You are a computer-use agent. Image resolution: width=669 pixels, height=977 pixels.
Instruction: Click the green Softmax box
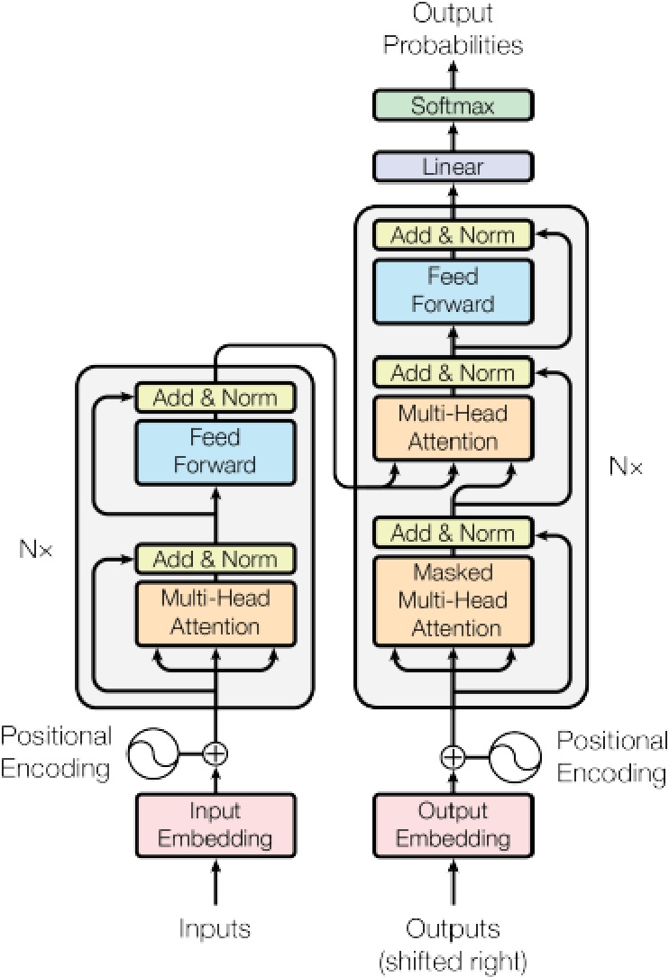[x=453, y=105]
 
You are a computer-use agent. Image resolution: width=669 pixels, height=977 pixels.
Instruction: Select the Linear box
[x=453, y=167]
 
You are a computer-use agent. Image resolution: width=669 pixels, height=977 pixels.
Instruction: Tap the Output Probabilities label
[x=453, y=29]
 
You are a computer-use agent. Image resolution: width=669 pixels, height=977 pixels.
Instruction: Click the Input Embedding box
[x=215, y=826]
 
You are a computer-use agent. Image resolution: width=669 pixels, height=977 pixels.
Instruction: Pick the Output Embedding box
[x=453, y=826]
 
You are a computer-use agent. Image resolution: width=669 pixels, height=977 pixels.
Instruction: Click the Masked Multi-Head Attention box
[x=453, y=600]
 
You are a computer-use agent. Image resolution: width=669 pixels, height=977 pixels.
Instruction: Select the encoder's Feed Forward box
[x=215, y=451]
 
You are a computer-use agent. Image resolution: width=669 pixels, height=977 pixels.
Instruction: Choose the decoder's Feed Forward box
[x=453, y=289]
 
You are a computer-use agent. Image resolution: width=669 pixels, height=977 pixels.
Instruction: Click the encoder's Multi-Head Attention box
[x=215, y=611]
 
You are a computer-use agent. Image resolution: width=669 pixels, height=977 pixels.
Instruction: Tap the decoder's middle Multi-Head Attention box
[x=453, y=428]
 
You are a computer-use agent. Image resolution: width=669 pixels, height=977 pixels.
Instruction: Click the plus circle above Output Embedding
[x=453, y=756]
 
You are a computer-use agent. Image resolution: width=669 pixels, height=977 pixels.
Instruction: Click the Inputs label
[x=215, y=927]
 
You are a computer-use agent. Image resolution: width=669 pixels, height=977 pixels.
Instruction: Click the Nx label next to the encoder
[x=36, y=548]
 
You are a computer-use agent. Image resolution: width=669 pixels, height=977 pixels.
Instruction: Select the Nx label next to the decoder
[x=626, y=467]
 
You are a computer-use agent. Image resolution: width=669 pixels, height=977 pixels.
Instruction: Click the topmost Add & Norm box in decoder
[x=453, y=235]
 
